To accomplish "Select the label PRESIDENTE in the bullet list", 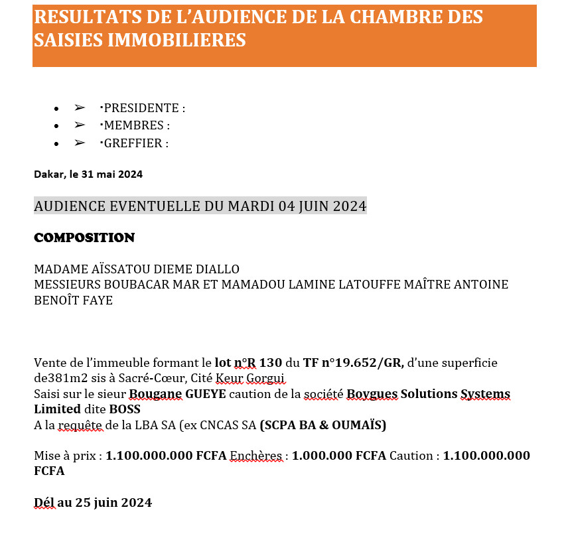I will (141, 108).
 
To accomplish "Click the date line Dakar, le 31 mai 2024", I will (88, 174).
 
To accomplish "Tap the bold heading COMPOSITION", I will (84, 237).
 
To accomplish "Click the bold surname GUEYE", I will (206, 394).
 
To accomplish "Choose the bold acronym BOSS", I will (125, 409).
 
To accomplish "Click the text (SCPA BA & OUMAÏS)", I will (323, 425).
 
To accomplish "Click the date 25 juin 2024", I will (113, 502).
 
